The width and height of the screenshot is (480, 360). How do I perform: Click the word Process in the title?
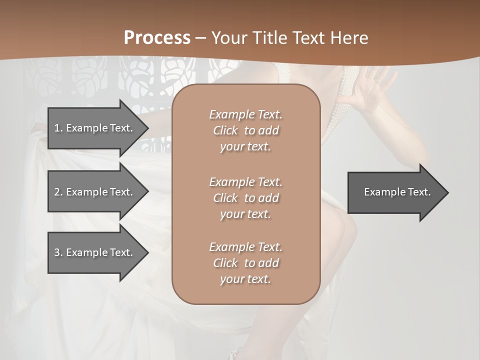157,37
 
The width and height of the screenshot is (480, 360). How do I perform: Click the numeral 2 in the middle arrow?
57,192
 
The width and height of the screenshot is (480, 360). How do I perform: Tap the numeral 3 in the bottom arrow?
57,252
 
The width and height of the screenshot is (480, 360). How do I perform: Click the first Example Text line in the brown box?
245,114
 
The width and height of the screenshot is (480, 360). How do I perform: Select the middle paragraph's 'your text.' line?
245,214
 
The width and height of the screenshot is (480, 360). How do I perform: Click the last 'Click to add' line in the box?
245,263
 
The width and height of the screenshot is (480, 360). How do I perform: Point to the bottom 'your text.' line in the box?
245,279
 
